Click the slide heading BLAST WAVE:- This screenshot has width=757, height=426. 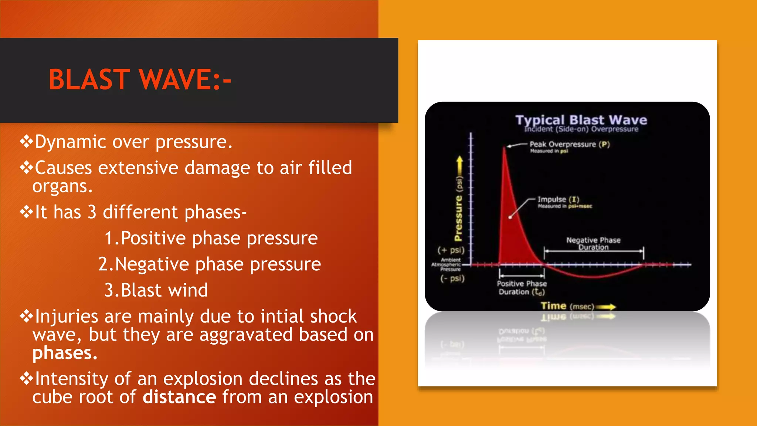click(140, 80)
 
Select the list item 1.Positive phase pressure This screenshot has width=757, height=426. click(211, 238)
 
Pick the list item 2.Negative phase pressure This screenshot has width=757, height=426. click(209, 264)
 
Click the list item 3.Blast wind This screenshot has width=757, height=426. click(156, 290)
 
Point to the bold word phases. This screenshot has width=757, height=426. click(65, 353)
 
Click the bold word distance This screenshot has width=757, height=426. click(179, 397)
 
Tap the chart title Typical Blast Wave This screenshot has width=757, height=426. click(581, 120)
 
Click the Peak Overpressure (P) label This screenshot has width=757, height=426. click(569, 144)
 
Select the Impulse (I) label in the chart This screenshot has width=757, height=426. click(558, 199)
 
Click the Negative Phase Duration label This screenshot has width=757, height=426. click(593, 243)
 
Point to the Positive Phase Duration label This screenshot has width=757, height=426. click(522, 288)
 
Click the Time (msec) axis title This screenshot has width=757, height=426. click(567, 306)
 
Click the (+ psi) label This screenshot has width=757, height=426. click(451, 250)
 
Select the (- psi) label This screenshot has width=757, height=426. click(452, 278)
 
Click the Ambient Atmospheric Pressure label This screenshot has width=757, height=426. click(446, 265)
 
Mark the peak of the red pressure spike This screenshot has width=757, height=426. click(505, 148)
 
